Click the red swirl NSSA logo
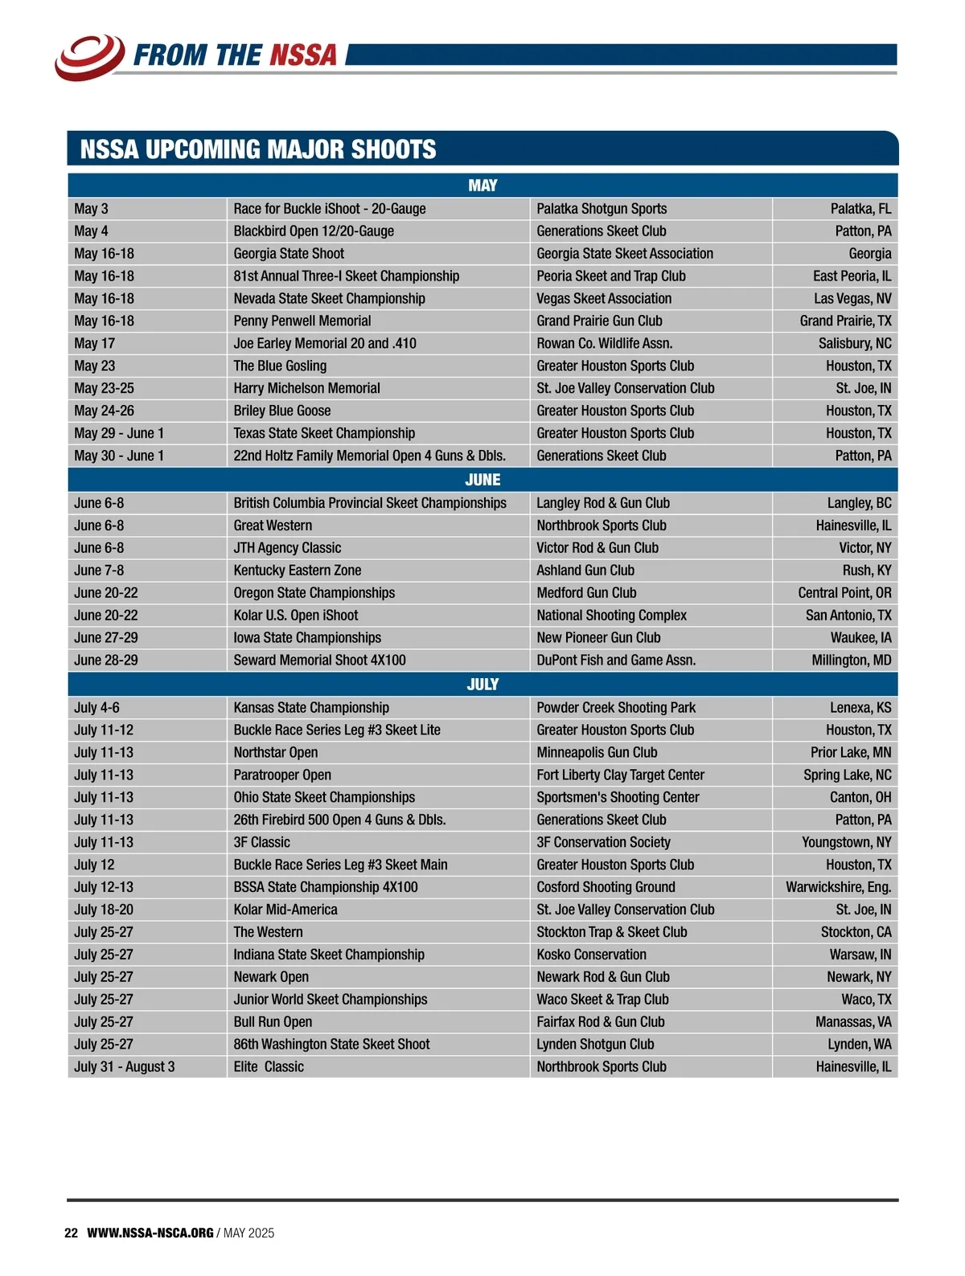point(89,56)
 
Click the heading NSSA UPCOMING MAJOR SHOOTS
point(258,149)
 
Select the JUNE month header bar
point(482,480)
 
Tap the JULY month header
point(482,685)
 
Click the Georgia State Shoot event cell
point(289,254)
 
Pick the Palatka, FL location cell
point(860,209)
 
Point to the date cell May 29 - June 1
point(119,433)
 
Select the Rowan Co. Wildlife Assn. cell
point(604,343)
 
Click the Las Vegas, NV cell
point(852,299)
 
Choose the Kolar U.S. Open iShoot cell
point(296,616)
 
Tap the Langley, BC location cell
point(859,503)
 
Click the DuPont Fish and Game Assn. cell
point(616,660)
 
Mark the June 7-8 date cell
point(99,571)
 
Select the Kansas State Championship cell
point(311,708)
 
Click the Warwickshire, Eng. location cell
point(838,887)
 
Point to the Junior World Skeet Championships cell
point(331,1000)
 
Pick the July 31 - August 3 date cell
point(125,1067)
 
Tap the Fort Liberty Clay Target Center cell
point(620,775)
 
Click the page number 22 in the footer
point(71,1233)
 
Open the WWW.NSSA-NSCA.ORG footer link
point(150,1233)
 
